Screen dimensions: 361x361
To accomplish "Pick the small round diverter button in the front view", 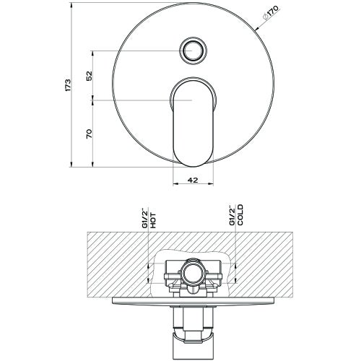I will point(193,51).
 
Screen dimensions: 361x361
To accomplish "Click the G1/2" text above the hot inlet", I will point(144,217).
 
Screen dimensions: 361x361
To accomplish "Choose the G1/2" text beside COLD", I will point(231,216).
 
